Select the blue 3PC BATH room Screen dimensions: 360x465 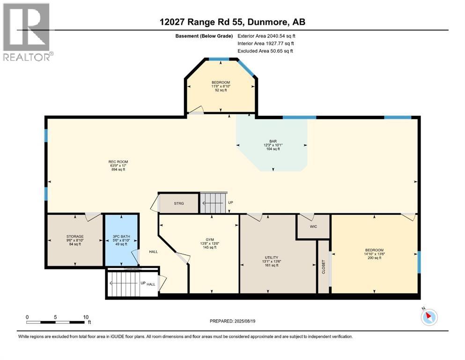pos(121,240)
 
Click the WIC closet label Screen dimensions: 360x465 pos(313,226)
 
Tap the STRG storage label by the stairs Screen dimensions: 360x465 pos(179,203)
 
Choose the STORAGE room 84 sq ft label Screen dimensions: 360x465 pos(74,240)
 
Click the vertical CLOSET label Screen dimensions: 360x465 pos(323,267)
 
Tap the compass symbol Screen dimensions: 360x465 pos(428,317)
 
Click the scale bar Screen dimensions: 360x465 pos(58,322)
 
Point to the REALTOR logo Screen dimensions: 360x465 pos(27,31)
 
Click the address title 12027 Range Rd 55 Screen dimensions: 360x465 pos(232,22)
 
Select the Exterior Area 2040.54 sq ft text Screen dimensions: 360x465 pos(266,36)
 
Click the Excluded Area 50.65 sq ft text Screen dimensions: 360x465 pos(265,51)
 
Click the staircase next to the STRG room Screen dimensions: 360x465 pos(213,203)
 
